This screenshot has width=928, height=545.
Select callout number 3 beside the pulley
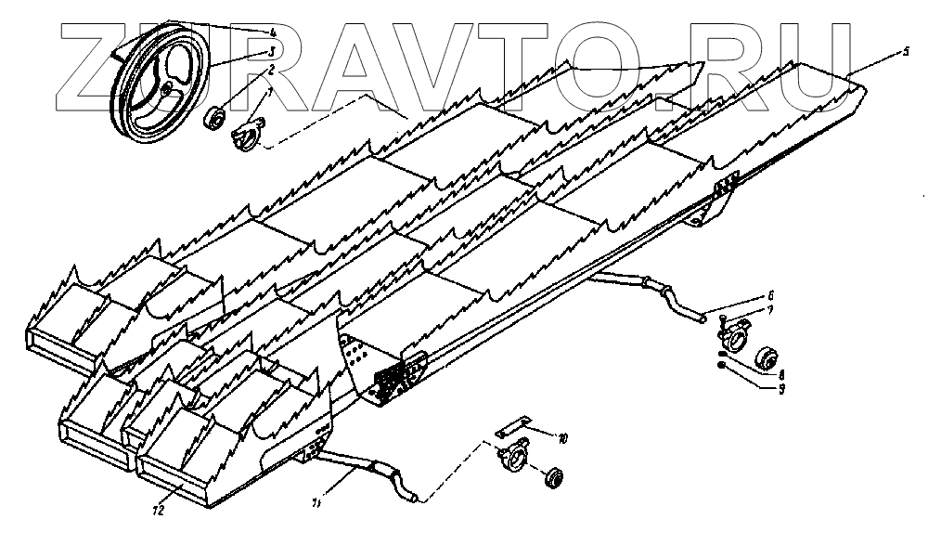[270, 51]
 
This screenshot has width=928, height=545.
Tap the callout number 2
[270, 69]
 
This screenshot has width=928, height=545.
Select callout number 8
[782, 375]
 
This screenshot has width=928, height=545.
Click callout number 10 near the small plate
[562, 436]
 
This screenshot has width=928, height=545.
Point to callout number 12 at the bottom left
[159, 509]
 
